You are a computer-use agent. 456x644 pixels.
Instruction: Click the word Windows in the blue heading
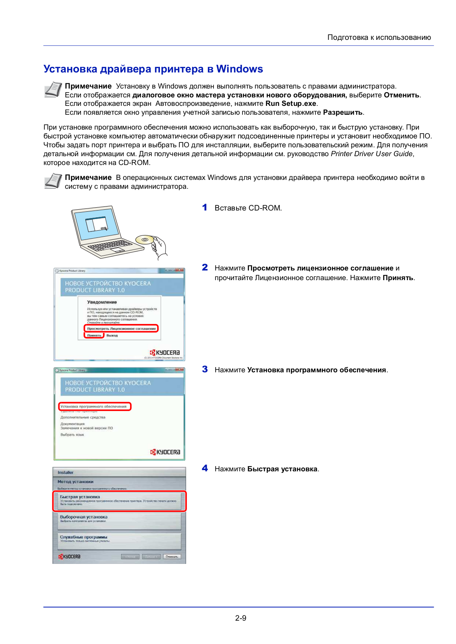[x=239, y=69]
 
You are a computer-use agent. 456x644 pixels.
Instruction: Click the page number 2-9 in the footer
[x=240, y=618]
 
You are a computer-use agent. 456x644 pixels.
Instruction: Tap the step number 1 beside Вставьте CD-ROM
[x=205, y=208]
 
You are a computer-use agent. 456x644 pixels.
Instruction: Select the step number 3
[x=205, y=369]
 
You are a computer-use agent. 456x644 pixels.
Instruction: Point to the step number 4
[x=205, y=469]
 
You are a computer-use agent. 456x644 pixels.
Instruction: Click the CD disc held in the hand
[x=145, y=240]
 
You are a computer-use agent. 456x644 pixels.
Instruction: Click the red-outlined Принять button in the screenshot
[x=94, y=335]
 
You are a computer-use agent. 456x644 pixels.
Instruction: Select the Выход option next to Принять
[x=112, y=335]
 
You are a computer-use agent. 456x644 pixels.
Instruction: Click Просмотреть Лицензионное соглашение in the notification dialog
[x=121, y=328]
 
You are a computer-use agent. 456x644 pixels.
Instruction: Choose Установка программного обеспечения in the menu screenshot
[x=94, y=407]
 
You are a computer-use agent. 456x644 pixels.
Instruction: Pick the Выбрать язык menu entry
[x=72, y=435]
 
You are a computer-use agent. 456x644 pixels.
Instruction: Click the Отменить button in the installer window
[x=172, y=557]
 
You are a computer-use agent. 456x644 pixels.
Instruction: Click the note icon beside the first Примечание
[x=53, y=89]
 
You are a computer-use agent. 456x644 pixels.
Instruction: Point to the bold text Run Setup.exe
[x=291, y=103]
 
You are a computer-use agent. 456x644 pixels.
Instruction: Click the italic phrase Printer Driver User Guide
[x=371, y=154]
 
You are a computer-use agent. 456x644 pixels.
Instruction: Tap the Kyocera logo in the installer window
[x=69, y=557]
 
